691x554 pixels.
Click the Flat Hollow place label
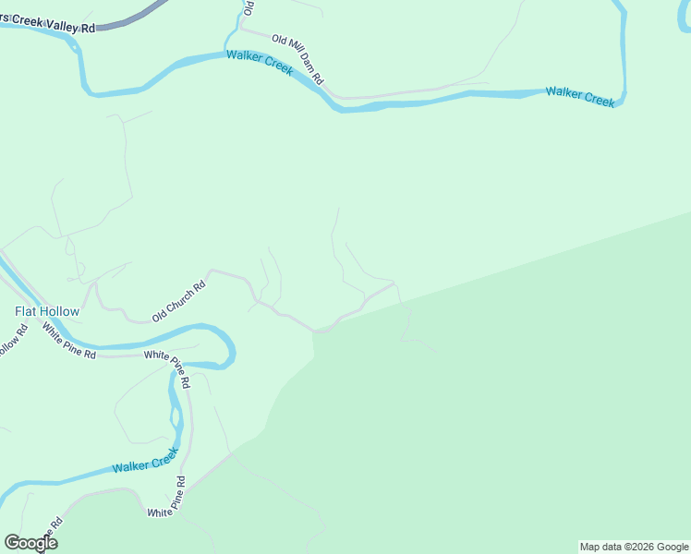tap(47, 311)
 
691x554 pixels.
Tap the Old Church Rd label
tap(179, 301)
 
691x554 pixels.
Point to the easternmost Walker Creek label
tap(579, 96)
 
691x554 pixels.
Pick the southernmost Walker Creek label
tap(144, 461)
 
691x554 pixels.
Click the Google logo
tap(30, 543)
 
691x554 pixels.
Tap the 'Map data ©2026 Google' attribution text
tap(634, 547)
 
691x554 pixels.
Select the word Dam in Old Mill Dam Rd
tap(307, 67)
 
